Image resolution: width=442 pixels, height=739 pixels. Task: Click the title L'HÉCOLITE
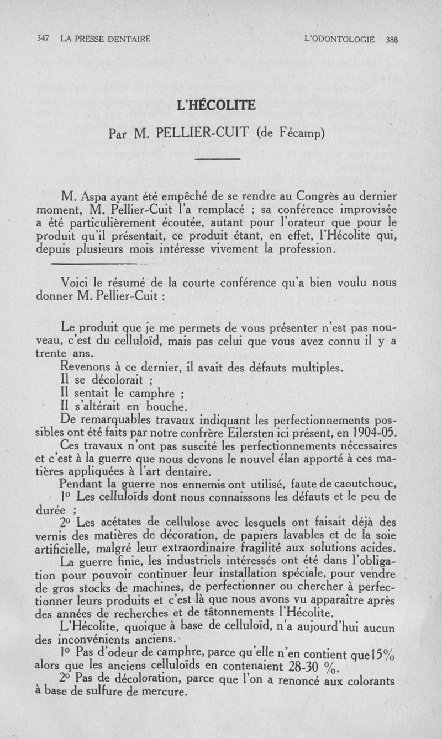(x=220, y=105)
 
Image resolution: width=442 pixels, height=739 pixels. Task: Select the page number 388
(x=391, y=39)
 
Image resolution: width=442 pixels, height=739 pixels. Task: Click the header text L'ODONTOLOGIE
(x=340, y=39)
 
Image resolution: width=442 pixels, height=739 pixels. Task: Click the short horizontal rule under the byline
(x=218, y=160)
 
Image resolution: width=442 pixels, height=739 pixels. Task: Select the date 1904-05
(x=377, y=432)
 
